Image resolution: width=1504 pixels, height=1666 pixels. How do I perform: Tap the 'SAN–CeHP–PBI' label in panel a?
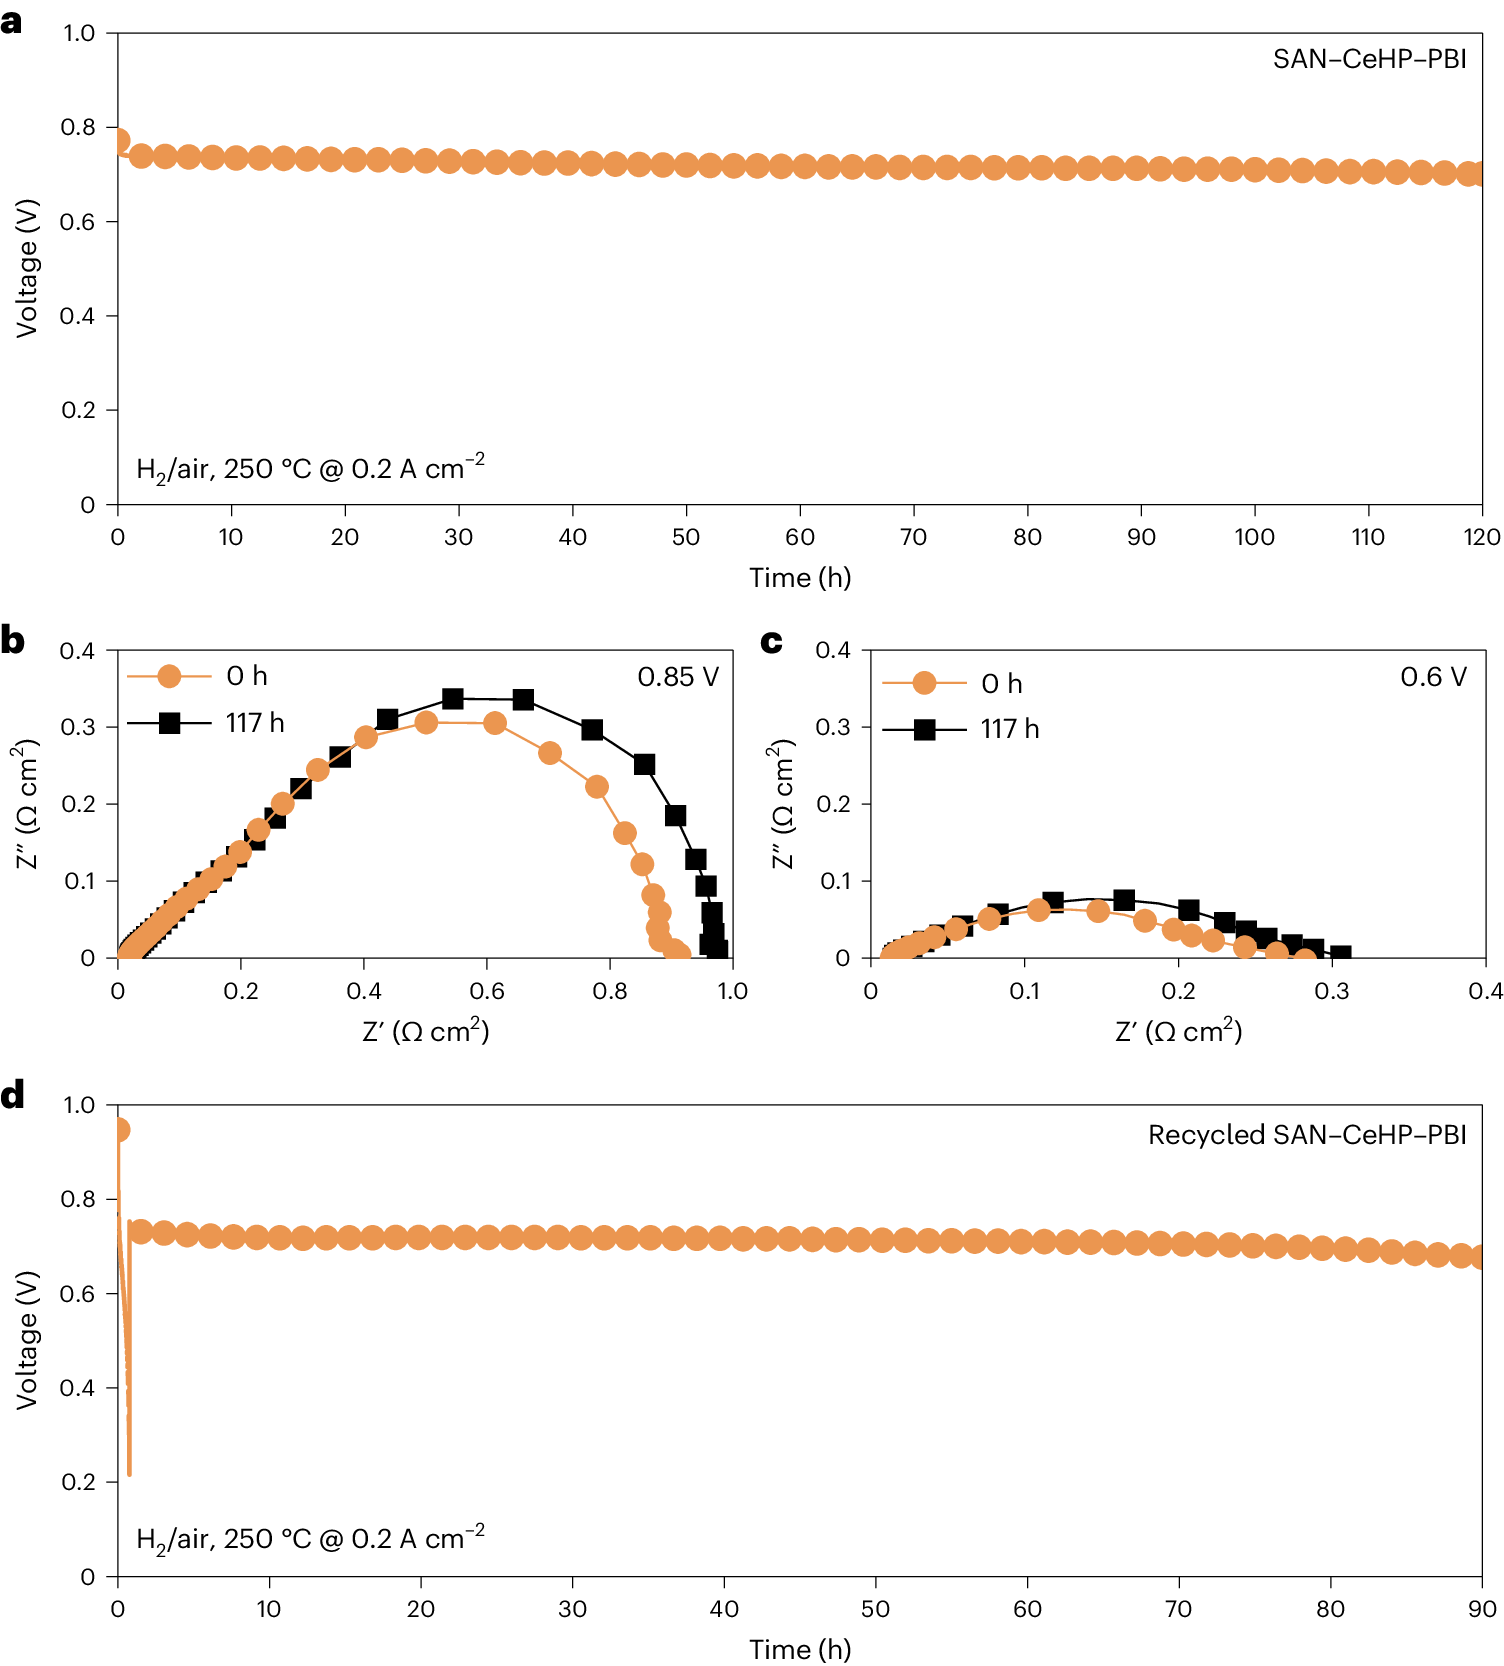[x=1369, y=59]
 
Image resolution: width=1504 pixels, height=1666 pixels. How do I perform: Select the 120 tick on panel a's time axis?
[x=1481, y=538]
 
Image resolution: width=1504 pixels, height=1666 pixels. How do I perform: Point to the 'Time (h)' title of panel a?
[x=800, y=578]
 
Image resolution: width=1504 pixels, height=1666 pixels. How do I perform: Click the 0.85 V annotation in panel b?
[x=678, y=677]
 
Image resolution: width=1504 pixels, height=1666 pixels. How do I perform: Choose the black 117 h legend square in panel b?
[x=170, y=723]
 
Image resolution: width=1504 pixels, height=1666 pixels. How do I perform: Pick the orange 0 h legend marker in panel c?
[x=925, y=683]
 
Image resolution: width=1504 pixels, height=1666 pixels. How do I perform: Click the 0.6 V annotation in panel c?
[x=1433, y=677]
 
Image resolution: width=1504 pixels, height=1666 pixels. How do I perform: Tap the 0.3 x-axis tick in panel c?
[x=1332, y=991]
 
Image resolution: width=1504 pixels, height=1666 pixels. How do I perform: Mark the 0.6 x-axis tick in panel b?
[x=487, y=991]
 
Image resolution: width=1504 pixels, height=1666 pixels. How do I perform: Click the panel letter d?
[x=13, y=1095]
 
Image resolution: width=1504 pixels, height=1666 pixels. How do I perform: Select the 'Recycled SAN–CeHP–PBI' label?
[x=1307, y=1135]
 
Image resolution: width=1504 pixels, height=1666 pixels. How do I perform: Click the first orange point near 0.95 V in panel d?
[x=119, y=1130]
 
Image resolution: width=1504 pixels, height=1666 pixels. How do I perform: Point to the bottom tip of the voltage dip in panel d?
[x=129, y=1473]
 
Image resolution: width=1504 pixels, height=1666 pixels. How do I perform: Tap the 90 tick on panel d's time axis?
[x=1481, y=1609]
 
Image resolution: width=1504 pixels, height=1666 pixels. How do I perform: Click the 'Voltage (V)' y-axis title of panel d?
[x=27, y=1340]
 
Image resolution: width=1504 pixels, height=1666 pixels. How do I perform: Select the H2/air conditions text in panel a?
[x=310, y=468]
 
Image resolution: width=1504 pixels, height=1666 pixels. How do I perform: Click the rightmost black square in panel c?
[x=1340, y=956]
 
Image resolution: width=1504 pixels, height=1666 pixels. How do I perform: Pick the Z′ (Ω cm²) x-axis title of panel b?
[x=426, y=1031]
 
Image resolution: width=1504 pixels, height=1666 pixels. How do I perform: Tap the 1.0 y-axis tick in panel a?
[x=79, y=33]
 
